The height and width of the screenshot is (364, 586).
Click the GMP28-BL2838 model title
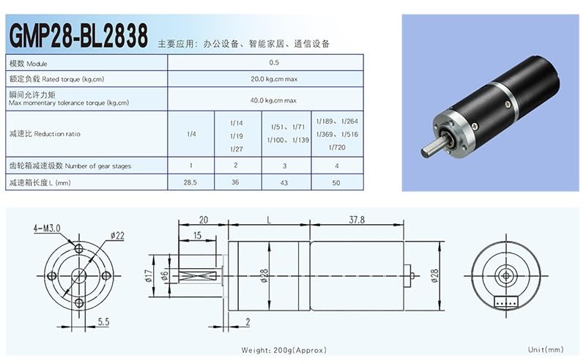pyautogui.click(x=78, y=35)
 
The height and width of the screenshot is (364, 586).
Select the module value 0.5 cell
pyautogui.click(x=274, y=62)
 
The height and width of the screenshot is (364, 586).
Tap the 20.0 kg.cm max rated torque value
pyautogui.click(x=274, y=79)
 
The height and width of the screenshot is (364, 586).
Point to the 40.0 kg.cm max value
pyautogui.click(x=273, y=100)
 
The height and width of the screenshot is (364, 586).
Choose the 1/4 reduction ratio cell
pyautogui.click(x=191, y=134)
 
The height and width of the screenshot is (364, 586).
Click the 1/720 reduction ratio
pyautogui.click(x=337, y=147)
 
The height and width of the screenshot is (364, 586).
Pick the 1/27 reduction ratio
pyautogui.click(x=236, y=149)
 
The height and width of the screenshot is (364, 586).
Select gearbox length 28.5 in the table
pyautogui.click(x=190, y=182)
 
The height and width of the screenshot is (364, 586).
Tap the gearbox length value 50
pyautogui.click(x=336, y=183)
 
